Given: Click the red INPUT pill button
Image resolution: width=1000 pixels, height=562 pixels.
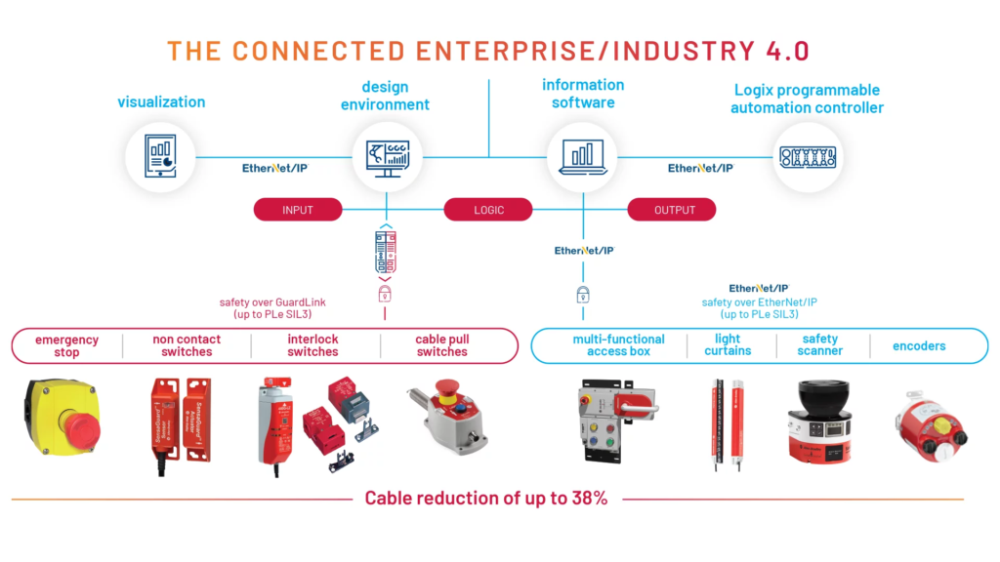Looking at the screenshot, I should (298, 210).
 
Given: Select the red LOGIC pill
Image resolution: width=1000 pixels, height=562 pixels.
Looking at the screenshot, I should (488, 210).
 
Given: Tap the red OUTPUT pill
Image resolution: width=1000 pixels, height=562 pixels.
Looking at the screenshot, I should (672, 210).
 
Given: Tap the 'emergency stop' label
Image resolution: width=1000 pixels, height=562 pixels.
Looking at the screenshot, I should (66, 345).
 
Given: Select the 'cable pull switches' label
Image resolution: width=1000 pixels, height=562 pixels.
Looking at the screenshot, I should (442, 345).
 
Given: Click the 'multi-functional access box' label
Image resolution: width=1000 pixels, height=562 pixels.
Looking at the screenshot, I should (618, 345).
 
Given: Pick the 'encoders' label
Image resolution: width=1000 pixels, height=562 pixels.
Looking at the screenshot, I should (919, 345).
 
